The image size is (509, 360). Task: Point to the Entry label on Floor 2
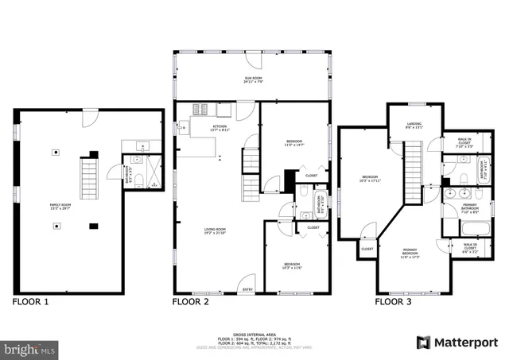click(248, 289)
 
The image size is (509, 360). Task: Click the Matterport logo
click(457, 343)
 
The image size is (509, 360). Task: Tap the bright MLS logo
click(30, 348)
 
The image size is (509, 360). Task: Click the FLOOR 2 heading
click(191, 302)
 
